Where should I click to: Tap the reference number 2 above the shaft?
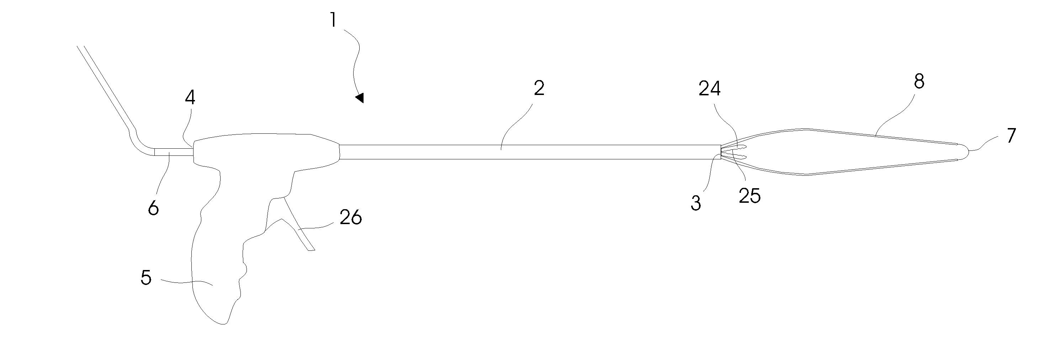(539, 88)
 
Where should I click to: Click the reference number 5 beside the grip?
(146, 278)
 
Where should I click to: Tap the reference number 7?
(1011, 136)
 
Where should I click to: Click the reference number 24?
(710, 89)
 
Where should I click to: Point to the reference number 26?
(351, 218)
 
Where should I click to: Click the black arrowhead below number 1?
(360, 98)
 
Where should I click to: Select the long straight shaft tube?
(529, 152)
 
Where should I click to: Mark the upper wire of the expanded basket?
(855, 135)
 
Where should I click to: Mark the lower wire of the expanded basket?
(855, 170)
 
